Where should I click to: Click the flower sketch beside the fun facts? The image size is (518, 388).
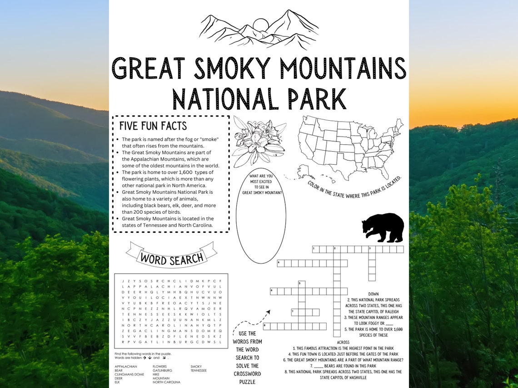pos(258,141)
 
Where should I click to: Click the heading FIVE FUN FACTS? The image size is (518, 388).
pos(153,126)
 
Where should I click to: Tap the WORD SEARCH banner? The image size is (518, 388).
pos(171,258)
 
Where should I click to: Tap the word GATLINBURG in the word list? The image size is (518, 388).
pos(162,370)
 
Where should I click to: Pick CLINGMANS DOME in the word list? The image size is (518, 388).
pos(129,374)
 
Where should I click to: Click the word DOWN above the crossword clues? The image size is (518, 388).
pos(373,294)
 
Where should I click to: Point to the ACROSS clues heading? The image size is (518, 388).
pos(343,342)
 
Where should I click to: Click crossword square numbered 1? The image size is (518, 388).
pos(316,249)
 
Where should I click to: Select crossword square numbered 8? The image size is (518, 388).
pos(267,326)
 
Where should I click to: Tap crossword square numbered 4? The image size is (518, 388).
pos(280,263)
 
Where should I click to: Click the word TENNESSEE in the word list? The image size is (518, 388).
pos(199,370)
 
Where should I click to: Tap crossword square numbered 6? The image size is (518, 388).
pos(274,291)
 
